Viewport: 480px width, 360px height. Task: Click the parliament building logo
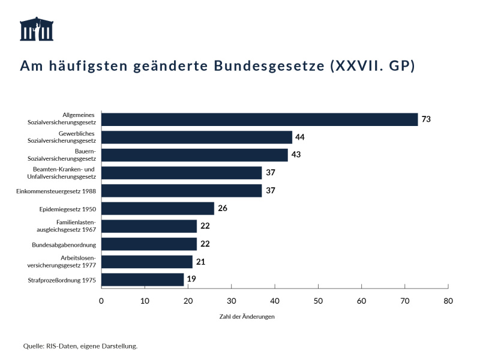(x=37, y=29)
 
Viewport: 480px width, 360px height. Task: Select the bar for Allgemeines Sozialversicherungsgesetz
(x=259, y=119)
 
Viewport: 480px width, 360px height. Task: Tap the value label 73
(x=426, y=119)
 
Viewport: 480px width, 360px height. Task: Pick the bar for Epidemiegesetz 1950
(x=158, y=209)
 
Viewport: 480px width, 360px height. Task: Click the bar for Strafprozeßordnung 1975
(x=142, y=280)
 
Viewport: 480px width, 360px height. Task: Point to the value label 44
(x=300, y=137)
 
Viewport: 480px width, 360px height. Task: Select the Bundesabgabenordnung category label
(x=64, y=245)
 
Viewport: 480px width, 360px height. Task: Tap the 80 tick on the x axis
(x=448, y=301)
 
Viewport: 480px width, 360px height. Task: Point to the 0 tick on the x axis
(x=101, y=301)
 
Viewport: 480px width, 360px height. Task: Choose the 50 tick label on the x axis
(x=318, y=301)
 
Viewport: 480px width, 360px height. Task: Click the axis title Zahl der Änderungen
(x=247, y=317)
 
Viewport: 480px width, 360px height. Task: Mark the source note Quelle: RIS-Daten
(x=80, y=346)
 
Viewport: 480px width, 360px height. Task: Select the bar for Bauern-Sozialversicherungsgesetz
(x=194, y=155)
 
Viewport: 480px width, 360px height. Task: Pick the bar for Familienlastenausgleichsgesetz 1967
(x=149, y=226)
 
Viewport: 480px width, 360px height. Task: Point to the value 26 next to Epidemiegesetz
(x=223, y=209)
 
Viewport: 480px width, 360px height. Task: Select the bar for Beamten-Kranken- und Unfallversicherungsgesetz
(x=181, y=173)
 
